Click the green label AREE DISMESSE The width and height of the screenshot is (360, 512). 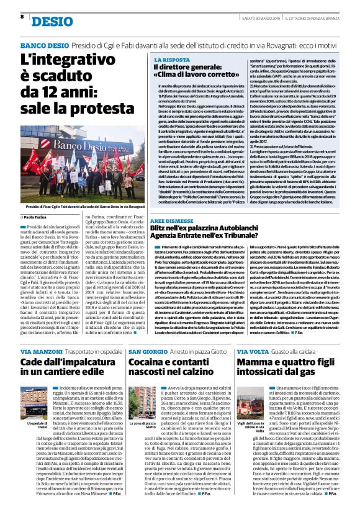click(x=174, y=220)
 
